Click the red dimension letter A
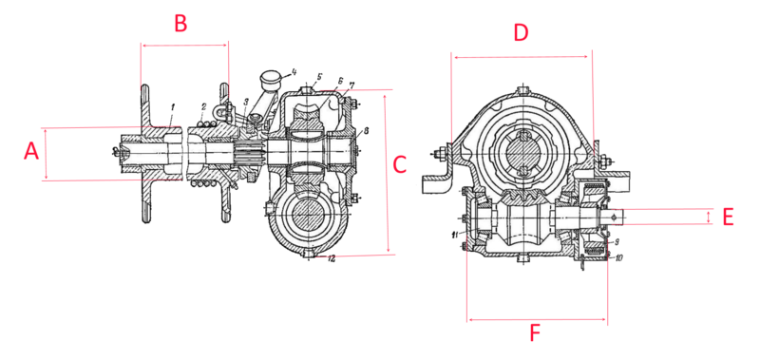click(x=31, y=151)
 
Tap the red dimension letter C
click(x=399, y=162)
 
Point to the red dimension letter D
click(x=520, y=32)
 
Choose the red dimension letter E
click(x=728, y=217)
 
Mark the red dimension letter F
click(x=535, y=333)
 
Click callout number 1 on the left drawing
click(x=173, y=106)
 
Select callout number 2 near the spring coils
click(x=203, y=106)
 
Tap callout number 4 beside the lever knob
click(x=294, y=72)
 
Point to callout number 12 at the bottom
click(x=330, y=258)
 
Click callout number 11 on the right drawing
click(x=456, y=235)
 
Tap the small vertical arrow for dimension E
click(x=708, y=217)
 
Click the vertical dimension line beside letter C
click(x=389, y=172)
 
